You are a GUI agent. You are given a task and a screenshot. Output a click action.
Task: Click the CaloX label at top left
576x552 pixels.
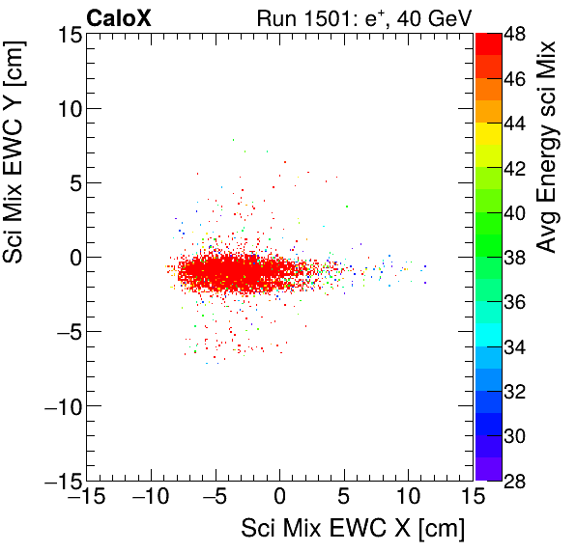pos(117,17)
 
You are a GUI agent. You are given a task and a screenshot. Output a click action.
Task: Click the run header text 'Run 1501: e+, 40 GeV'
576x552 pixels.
pos(363,17)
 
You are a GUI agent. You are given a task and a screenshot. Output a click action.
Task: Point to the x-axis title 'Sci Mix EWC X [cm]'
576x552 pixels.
pos(353,529)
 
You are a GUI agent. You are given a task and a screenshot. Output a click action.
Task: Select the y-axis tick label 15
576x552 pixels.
pos(67,35)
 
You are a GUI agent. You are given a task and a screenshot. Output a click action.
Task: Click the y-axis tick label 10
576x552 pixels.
pos(67,108)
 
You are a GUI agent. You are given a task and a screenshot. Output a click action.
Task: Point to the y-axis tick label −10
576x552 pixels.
pos(61,406)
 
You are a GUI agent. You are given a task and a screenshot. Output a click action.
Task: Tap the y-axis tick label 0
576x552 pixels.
pos(73,258)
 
